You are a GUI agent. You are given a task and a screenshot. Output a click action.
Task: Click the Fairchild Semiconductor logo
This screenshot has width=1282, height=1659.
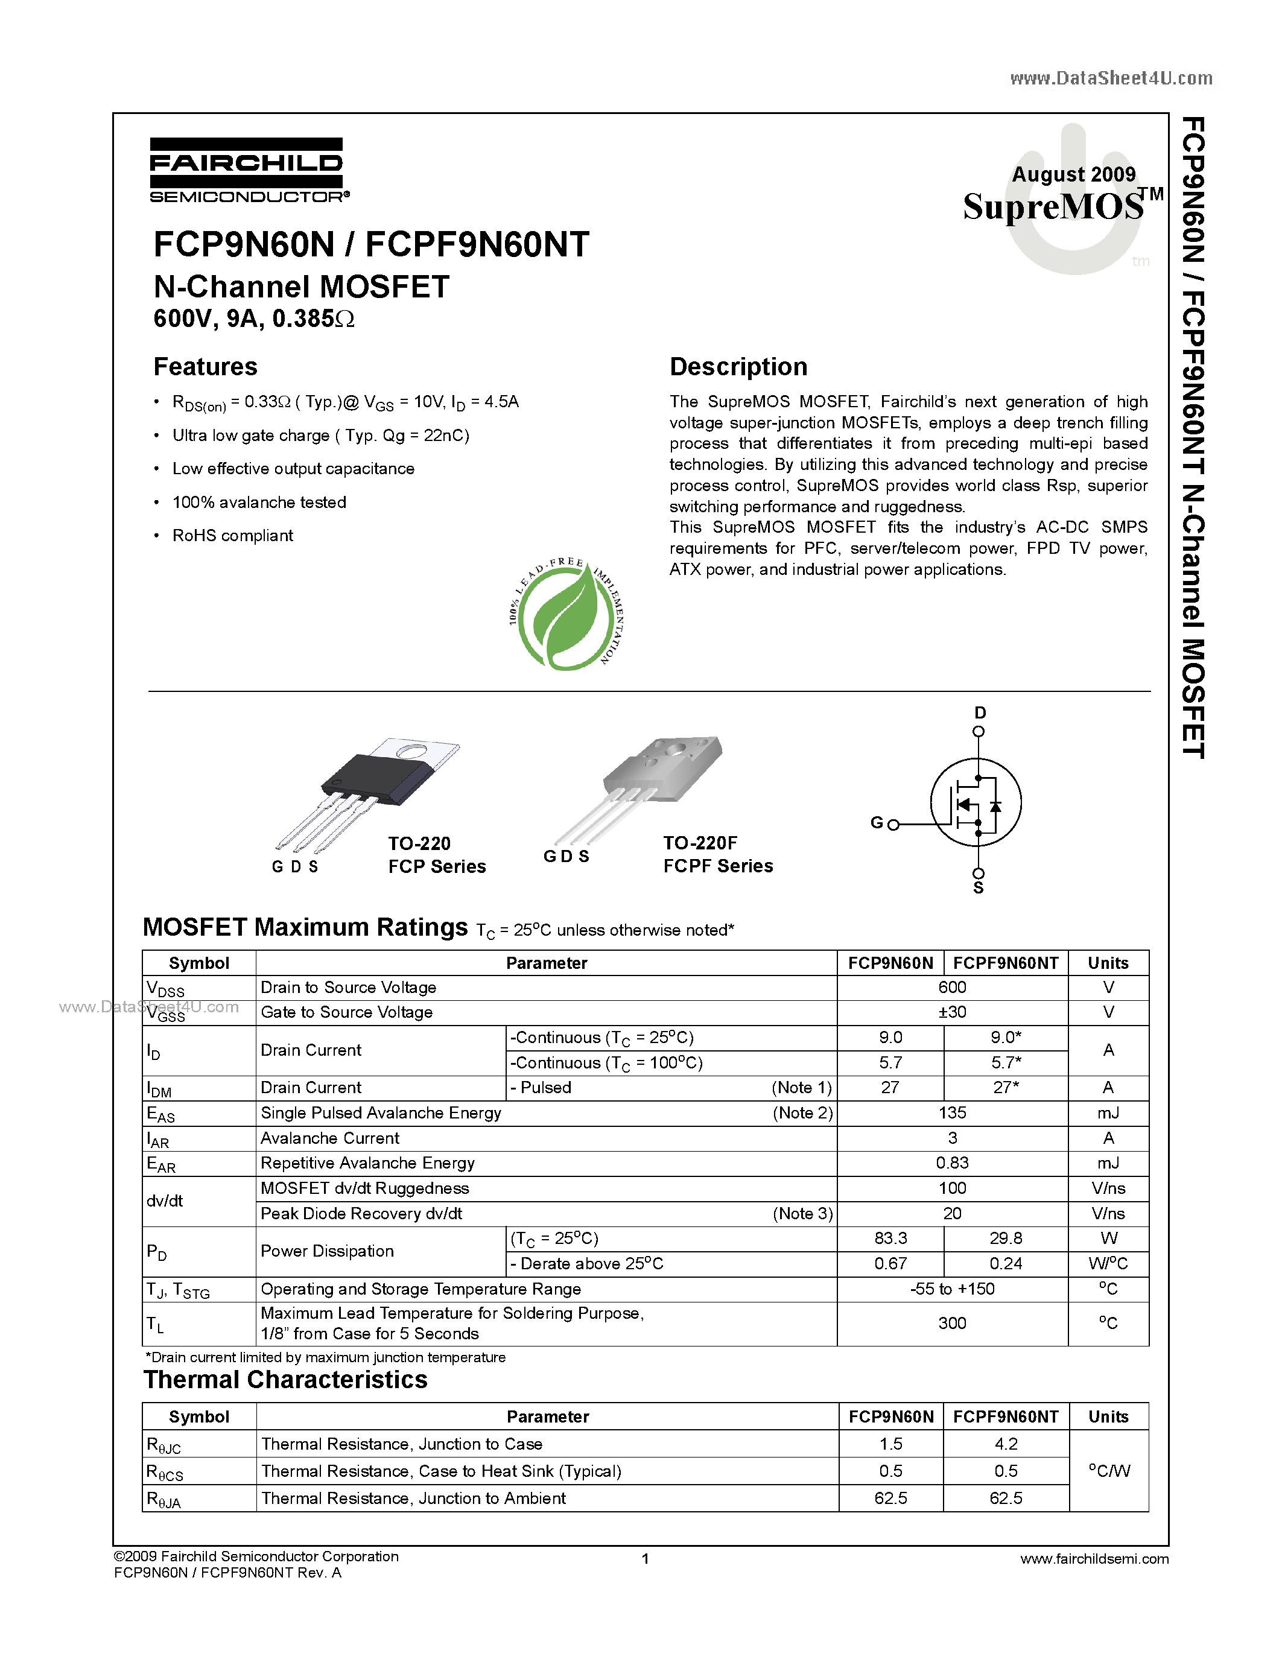(x=247, y=170)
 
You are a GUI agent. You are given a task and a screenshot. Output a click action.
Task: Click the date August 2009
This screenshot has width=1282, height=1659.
(x=1073, y=175)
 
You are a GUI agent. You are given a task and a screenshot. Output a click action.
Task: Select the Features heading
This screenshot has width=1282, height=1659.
(x=205, y=367)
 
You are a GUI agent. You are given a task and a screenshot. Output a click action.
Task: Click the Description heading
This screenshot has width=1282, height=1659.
(x=738, y=367)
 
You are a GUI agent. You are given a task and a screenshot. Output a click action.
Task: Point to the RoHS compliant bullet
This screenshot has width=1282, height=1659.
(x=232, y=536)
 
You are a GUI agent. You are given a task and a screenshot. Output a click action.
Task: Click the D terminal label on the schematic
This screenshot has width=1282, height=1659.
(x=980, y=712)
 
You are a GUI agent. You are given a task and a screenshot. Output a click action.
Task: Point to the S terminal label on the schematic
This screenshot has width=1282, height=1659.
(x=978, y=887)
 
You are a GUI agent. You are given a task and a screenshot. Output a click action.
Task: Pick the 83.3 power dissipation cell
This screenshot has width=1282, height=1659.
(x=890, y=1238)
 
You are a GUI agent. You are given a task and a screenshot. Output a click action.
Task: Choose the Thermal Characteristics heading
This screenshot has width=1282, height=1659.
(x=285, y=1380)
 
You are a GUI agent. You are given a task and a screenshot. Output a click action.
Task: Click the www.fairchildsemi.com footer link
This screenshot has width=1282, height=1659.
(x=1094, y=1559)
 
